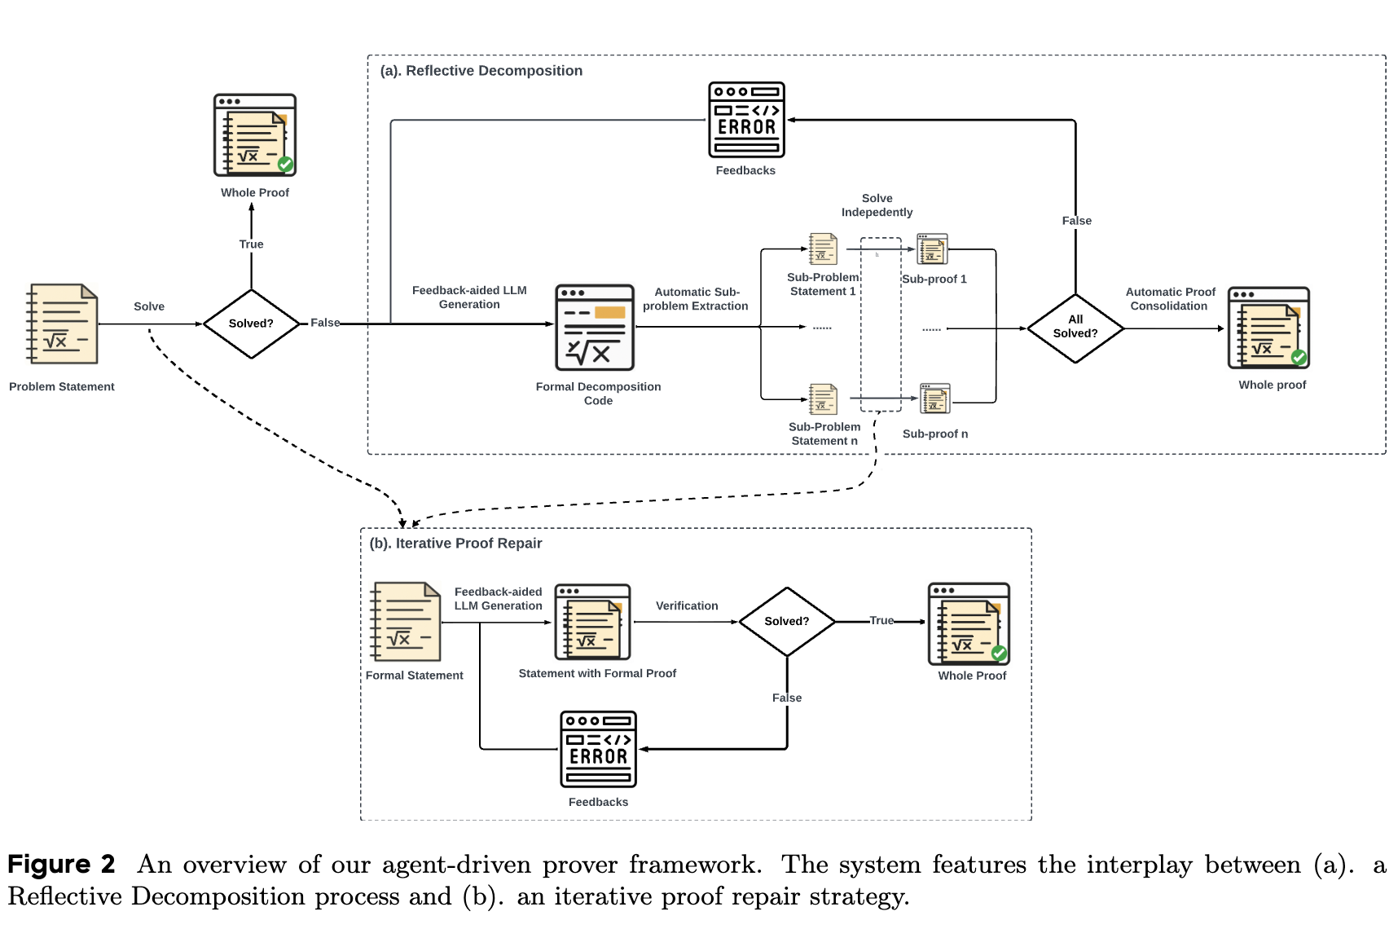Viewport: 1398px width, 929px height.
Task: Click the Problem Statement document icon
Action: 62,324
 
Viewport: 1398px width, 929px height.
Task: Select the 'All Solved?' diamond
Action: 1075,328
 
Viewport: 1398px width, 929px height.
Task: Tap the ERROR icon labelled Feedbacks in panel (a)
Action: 746,119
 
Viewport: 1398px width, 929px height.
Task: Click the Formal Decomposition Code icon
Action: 595,328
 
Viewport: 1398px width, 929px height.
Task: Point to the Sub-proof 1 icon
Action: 932,249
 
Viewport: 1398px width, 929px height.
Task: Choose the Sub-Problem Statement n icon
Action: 823,399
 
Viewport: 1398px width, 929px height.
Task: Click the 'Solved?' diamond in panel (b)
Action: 787,621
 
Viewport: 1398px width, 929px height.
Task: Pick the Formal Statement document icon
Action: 406,621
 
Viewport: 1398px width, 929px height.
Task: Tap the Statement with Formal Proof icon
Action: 592,622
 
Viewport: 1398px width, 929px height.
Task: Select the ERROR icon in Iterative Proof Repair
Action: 598,749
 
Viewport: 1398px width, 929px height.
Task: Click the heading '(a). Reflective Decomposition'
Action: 481,71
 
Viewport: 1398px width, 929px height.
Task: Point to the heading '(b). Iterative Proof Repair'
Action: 455,544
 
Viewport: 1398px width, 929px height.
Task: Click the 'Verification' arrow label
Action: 687,605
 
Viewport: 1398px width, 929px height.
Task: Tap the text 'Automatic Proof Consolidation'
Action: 1170,299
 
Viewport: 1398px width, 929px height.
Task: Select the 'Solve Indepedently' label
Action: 877,205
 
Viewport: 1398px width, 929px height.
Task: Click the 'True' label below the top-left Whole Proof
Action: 251,244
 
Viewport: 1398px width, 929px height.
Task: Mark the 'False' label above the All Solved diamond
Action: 1076,221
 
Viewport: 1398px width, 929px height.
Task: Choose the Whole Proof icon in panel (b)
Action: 969,624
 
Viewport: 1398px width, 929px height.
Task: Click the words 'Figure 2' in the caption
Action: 61,864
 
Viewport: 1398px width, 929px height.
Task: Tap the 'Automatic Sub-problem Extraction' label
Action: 696,299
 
